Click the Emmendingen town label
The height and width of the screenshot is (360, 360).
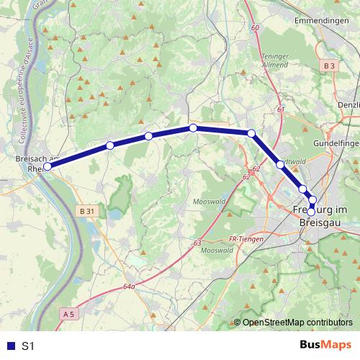click(x=321, y=21)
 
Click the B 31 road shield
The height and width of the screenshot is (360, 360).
click(x=86, y=211)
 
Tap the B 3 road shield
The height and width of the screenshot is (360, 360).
click(x=330, y=66)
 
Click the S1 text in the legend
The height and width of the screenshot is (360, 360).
click(x=28, y=346)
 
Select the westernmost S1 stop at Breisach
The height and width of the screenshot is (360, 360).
click(x=48, y=166)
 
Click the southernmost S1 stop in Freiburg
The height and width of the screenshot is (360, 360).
click(x=311, y=212)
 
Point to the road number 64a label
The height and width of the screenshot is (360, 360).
click(x=129, y=286)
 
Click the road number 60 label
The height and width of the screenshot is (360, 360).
click(x=255, y=27)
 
